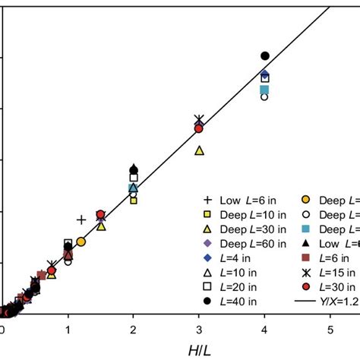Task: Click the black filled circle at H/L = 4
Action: point(265,56)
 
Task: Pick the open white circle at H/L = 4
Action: point(264,96)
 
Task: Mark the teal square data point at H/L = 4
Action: point(264,90)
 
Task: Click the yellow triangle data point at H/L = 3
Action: point(199,150)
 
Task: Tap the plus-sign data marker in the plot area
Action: point(81,220)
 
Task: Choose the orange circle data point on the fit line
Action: point(81,242)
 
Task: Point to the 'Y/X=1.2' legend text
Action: point(339,302)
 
